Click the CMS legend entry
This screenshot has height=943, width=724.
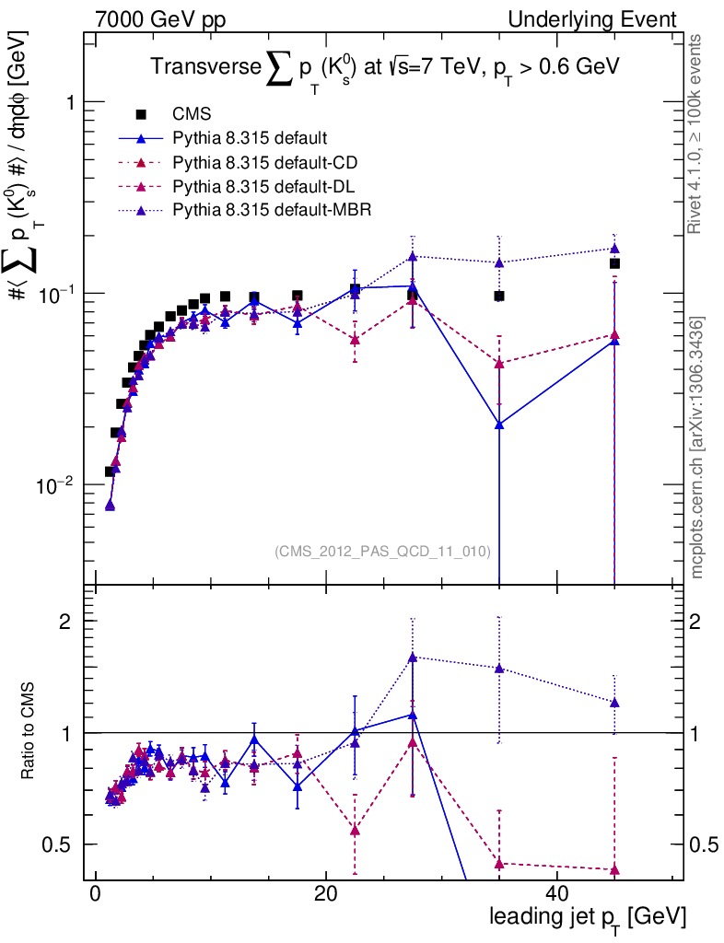192,114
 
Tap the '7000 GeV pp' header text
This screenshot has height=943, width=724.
154,19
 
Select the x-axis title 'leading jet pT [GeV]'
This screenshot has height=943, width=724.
588,918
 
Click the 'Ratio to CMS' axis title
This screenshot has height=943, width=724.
29,733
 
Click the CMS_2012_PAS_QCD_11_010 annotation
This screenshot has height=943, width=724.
382,551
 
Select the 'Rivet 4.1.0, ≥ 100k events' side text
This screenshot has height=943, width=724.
697,134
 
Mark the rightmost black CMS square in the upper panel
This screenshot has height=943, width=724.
614,263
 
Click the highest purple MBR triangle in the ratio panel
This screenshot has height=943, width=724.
413,657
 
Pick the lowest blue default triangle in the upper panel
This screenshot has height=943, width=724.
110,506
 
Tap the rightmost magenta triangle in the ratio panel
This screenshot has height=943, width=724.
614,870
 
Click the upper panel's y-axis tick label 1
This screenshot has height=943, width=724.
67,102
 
